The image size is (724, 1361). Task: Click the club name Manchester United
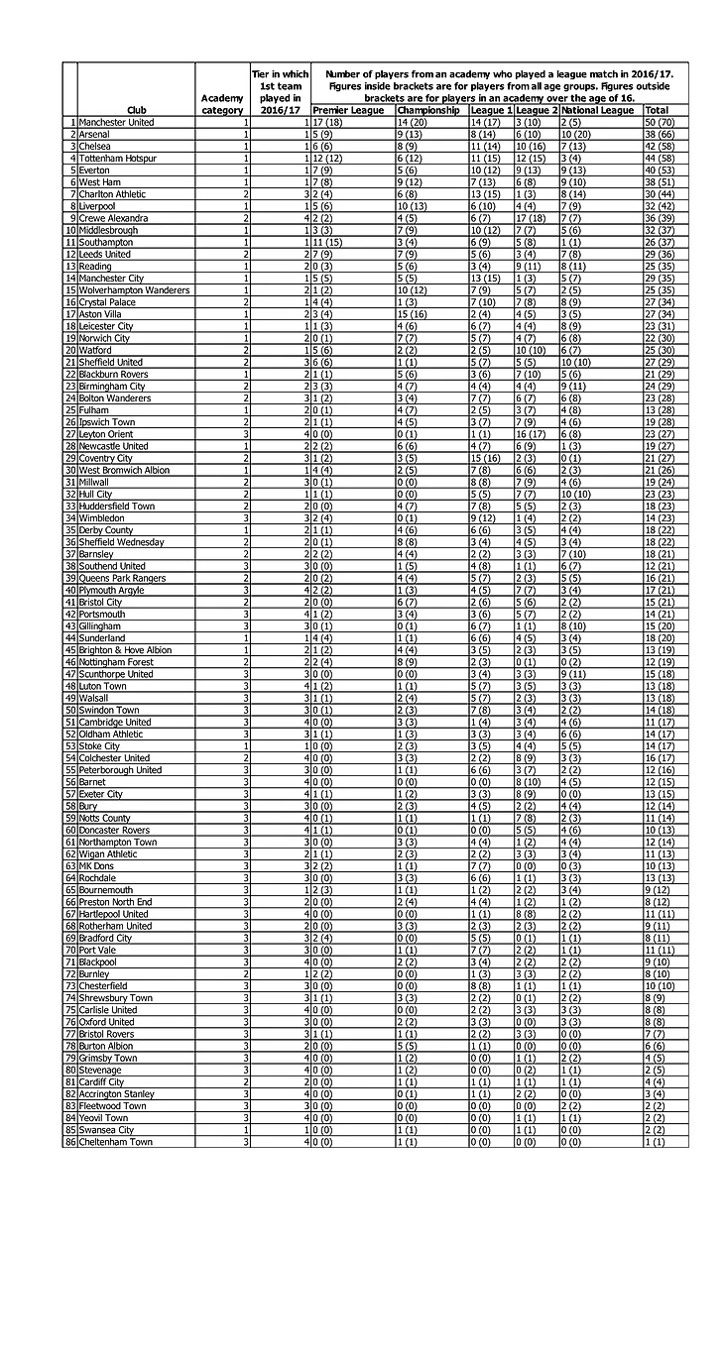(117, 122)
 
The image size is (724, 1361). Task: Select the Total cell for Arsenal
(664, 134)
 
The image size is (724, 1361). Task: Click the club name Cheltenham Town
(116, 1142)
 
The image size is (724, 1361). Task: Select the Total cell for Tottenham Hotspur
(664, 159)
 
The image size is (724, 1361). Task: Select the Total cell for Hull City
(664, 494)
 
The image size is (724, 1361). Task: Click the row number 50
(70, 710)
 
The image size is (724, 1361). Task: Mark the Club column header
(136, 110)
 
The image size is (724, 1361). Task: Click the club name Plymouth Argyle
(112, 590)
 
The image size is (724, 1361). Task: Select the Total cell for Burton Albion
(664, 1046)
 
